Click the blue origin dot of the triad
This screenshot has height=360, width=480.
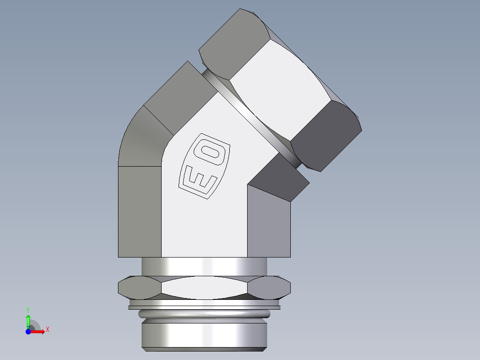[28, 331]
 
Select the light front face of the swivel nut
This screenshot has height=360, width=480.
[281, 94]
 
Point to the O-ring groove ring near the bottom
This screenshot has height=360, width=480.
[205, 314]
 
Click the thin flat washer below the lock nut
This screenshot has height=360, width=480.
[205, 307]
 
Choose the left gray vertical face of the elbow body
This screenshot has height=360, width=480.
[139, 212]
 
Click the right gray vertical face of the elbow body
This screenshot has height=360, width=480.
[268, 223]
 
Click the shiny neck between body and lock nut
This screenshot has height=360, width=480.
[205, 266]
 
